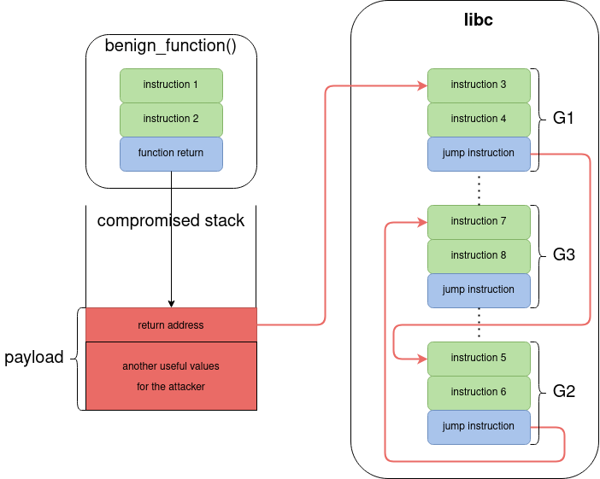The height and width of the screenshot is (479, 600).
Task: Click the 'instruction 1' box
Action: click(171, 85)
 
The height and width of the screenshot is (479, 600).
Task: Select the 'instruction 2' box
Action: click(171, 120)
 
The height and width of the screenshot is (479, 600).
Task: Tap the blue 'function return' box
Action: click(171, 154)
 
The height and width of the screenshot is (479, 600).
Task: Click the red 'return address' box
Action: click(171, 325)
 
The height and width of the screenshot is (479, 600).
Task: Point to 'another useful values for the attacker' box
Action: click(171, 376)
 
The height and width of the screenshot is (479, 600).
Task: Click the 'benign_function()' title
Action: click(170, 45)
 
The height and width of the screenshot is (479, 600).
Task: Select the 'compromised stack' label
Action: click(171, 220)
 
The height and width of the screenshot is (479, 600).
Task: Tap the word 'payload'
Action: click(34, 357)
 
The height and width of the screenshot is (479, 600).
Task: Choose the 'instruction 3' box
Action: click(479, 85)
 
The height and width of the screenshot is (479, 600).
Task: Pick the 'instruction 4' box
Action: click(479, 120)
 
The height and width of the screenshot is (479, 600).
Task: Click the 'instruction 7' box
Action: click(479, 222)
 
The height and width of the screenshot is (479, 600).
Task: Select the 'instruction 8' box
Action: click(479, 255)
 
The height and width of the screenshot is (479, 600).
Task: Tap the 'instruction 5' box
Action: click(479, 359)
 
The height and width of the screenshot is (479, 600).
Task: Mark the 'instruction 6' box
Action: click(479, 392)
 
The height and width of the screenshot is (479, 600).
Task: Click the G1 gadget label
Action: click(563, 119)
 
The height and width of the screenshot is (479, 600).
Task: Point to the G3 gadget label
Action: click(563, 255)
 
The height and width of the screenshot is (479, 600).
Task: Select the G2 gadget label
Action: click(563, 392)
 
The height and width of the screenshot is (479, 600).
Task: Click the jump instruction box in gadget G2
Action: click(479, 427)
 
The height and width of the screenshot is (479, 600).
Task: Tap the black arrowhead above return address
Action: click(171, 303)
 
